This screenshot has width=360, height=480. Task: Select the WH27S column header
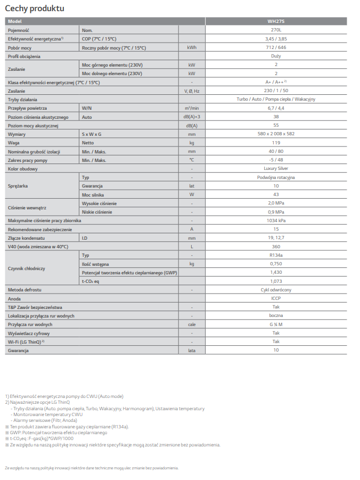[276, 21]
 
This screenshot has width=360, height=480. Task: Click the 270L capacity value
[276, 30]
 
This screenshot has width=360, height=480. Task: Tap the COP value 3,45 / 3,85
[276, 39]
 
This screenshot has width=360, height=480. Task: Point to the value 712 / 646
[276, 47]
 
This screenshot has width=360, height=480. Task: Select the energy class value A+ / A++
[276, 82]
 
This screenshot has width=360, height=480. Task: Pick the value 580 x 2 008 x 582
[276, 134]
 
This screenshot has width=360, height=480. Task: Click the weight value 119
[276, 143]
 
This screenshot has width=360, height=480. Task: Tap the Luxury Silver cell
[276, 168]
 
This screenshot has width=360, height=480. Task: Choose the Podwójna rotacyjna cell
[276, 177]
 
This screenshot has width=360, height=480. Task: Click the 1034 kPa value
[276, 220]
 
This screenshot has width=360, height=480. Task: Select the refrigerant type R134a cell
[276, 255]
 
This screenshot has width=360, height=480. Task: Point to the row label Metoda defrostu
[25, 290]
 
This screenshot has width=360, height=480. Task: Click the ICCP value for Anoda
[276, 298]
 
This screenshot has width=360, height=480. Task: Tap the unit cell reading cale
[192, 324]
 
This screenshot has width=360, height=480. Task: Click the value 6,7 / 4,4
[276, 108]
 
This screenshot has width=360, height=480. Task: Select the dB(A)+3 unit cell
[192, 117]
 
